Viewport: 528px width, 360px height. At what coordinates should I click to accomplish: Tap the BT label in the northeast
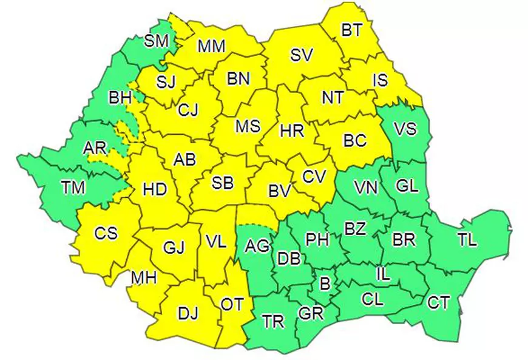click(351, 30)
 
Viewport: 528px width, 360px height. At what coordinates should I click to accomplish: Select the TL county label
click(467, 240)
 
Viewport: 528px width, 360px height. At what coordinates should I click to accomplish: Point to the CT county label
click(438, 302)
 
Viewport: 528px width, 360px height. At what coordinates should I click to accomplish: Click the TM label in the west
click(73, 188)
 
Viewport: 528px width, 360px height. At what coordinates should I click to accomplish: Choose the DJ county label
click(188, 313)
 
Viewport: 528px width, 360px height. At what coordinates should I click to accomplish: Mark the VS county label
click(405, 129)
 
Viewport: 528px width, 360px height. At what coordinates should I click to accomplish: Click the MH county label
click(144, 278)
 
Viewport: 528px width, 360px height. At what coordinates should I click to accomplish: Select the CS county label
click(106, 233)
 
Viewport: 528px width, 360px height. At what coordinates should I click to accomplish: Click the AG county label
click(257, 246)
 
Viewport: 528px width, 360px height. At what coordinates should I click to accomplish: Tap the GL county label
click(407, 186)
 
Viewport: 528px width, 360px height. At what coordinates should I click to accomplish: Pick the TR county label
click(274, 321)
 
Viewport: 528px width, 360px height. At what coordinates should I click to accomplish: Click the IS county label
click(381, 80)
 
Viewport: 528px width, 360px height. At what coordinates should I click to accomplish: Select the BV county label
click(280, 191)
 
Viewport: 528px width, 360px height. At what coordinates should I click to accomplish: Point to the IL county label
click(383, 274)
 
